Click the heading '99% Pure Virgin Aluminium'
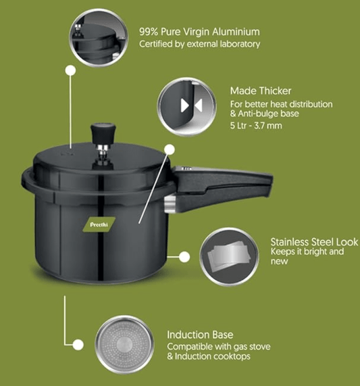[x=199, y=32]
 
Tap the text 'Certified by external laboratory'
[x=199, y=44]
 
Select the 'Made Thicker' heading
[x=262, y=91]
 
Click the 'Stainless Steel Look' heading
[x=314, y=241]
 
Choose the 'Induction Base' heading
[x=201, y=335]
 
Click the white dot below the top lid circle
[x=68, y=70]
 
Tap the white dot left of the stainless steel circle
[x=183, y=256]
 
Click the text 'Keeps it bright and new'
[x=307, y=256]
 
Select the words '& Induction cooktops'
[x=209, y=357]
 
